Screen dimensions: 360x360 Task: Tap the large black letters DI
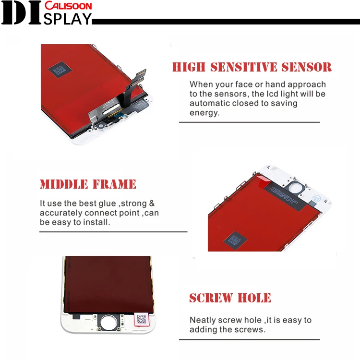point(21,13)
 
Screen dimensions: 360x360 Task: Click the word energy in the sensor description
point(204,113)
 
